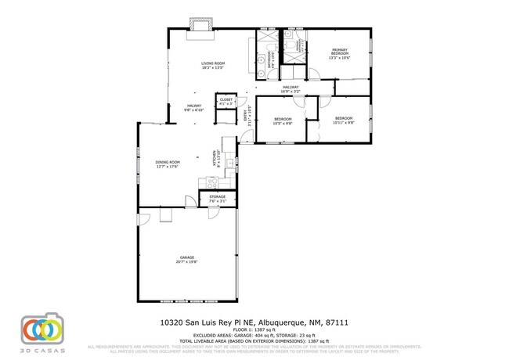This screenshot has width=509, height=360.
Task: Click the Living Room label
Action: coord(212,63)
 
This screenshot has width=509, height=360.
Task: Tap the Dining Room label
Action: coord(168,162)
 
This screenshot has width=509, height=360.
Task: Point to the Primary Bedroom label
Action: coord(339,52)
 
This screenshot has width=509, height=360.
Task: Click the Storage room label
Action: coord(217,196)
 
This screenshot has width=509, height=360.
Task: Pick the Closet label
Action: coord(226,99)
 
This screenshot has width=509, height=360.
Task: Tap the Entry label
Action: coord(244,117)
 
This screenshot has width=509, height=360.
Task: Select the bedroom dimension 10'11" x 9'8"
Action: coord(343,123)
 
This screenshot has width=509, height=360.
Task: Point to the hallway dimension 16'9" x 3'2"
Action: coord(291,92)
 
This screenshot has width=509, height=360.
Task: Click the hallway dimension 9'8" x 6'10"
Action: coord(193,110)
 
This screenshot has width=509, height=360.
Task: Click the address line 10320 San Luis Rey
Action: coord(254,322)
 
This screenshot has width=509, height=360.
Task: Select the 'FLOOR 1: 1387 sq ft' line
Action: coord(254,329)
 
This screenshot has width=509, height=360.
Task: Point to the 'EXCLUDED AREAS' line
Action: coord(254,334)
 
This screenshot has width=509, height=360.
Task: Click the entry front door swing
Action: coord(244,138)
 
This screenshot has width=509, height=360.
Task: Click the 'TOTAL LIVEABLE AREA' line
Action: coord(254,340)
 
